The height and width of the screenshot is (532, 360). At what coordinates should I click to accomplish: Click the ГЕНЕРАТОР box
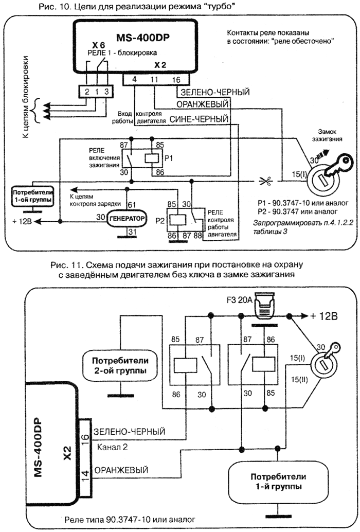click(x=125, y=218)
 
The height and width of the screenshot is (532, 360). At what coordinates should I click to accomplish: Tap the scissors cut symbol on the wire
click(x=265, y=181)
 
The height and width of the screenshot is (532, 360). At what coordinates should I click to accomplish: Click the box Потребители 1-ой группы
click(x=30, y=196)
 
